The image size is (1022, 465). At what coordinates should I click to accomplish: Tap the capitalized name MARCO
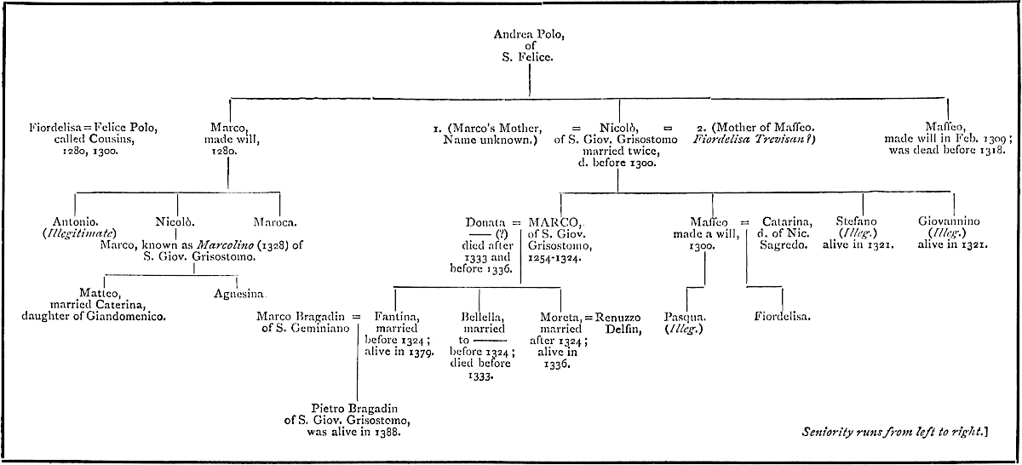[x=554, y=221]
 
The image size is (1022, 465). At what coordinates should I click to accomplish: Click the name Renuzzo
[x=629, y=317]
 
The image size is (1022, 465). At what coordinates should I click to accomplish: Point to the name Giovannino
[x=948, y=221]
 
